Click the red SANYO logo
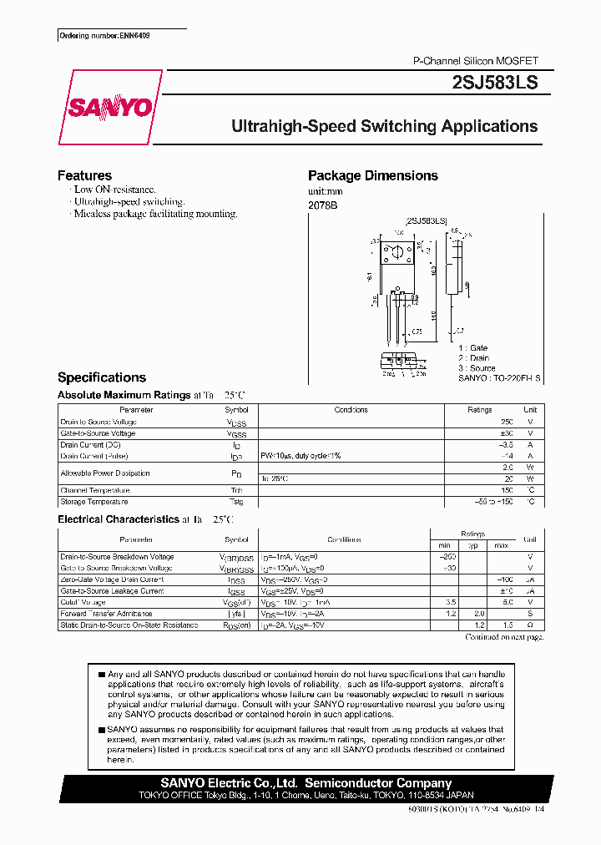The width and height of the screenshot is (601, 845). tap(109, 108)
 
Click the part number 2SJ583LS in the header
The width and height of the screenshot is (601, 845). tap(494, 82)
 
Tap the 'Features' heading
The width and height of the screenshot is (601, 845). tap(84, 175)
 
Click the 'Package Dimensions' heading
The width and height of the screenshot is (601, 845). tap(372, 175)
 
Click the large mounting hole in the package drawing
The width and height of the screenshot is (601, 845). tap(397, 250)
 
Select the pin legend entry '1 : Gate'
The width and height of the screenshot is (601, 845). tap(472, 347)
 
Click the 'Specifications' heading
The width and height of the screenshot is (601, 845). tap(101, 377)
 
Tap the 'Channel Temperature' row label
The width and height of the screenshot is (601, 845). tap(94, 490)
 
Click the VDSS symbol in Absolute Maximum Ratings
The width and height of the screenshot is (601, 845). tap(236, 422)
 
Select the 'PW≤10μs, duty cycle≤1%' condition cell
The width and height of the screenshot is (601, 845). tap(300, 456)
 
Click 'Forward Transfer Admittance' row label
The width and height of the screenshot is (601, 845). tap(105, 614)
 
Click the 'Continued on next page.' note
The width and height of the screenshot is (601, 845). tap(503, 637)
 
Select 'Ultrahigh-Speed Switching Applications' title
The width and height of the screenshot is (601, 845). tap(384, 127)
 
